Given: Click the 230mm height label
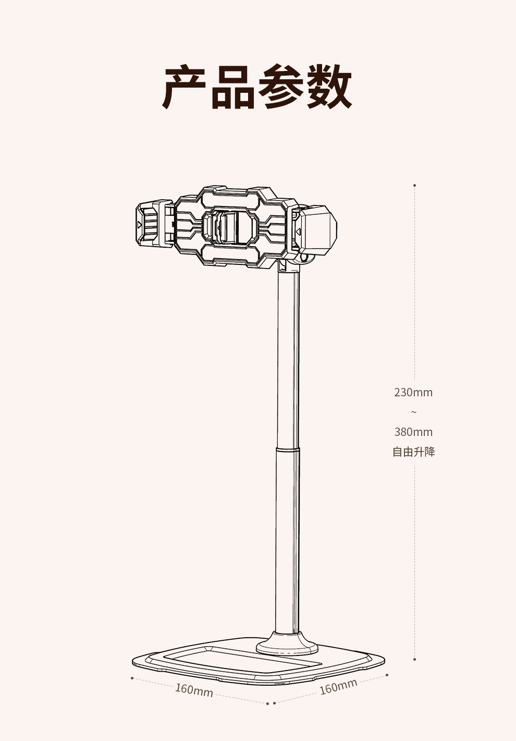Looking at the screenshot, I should (x=413, y=392).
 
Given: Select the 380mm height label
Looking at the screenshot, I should (x=413, y=432).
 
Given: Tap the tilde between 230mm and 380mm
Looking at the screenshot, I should (x=414, y=412).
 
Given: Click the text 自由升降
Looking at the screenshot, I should (x=413, y=452).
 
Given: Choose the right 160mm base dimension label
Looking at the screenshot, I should (x=338, y=686).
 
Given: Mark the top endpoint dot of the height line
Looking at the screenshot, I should (x=414, y=185).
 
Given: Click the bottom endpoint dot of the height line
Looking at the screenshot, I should (x=414, y=660).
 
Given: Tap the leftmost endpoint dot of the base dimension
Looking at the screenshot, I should (x=132, y=678).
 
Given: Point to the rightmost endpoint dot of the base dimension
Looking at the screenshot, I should (x=387, y=675).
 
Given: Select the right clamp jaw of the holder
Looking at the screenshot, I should (x=315, y=229).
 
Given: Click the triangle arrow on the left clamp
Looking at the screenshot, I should (x=140, y=224).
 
